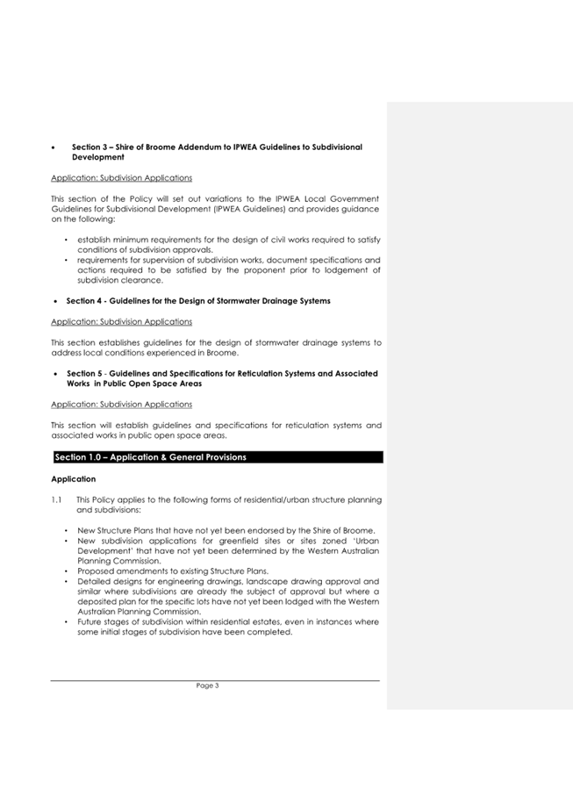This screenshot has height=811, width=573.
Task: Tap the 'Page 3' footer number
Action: pyautogui.click(x=208, y=686)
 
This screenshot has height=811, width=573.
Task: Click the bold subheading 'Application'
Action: pyautogui.click(x=74, y=479)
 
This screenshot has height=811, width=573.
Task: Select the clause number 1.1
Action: pyautogui.click(x=57, y=499)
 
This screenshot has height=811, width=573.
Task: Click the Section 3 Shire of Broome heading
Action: pyautogui.click(x=216, y=147)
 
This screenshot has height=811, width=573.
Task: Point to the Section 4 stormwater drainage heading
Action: pyautogui.click(x=198, y=301)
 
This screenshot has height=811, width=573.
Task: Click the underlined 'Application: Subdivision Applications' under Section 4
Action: pyautogui.click(x=122, y=322)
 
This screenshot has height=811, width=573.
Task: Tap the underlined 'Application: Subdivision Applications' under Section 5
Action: pyautogui.click(x=122, y=404)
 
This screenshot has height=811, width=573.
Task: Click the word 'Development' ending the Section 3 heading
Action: pyautogui.click(x=97, y=157)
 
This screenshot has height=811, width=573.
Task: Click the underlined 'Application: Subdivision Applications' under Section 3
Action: pyautogui.click(x=122, y=177)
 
